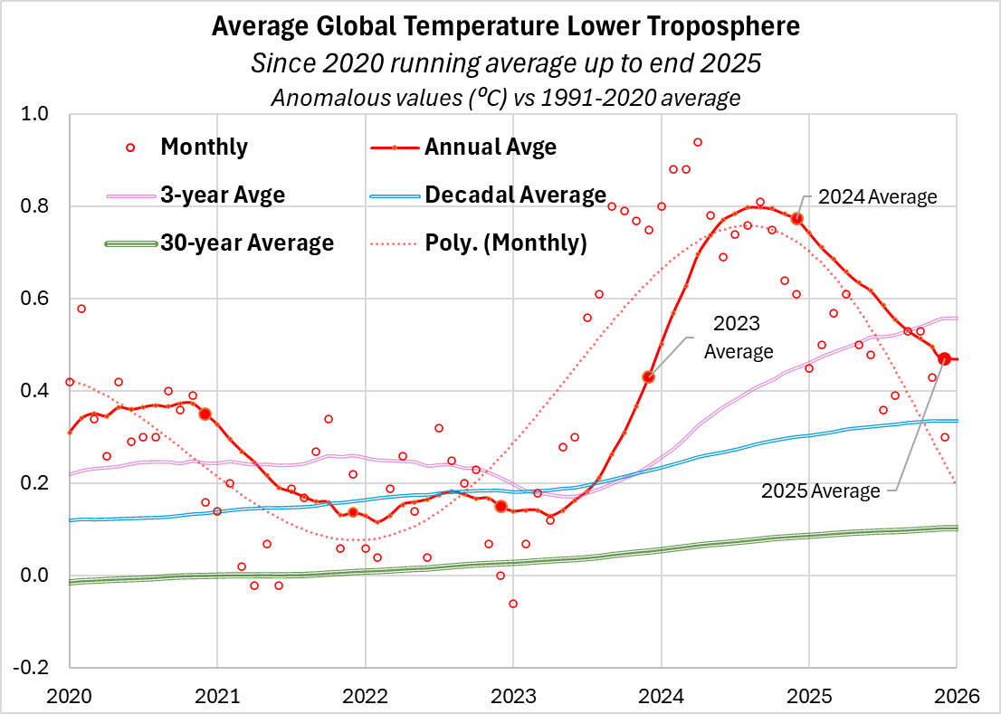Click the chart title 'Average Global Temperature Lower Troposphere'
(x=505, y=27)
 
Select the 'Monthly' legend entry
(x=204, y=147)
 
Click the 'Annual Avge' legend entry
(x=490, y=147)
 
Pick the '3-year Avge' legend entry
(x=208, y=195)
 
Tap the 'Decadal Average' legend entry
(x=515, y=195)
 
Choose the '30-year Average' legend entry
(x=247, y=243)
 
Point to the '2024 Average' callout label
(x=877, y=196)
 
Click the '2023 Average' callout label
(x=739, y=337)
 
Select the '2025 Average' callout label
(x=820, y=491)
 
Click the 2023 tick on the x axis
(x=513, y=694)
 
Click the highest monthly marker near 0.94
(x=698, y=142)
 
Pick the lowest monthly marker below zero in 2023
(x=513, y=604)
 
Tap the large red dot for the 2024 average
(x=797, y=219)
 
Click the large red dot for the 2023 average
(x=648, y=376)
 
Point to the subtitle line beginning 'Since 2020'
(x=505, y=63)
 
